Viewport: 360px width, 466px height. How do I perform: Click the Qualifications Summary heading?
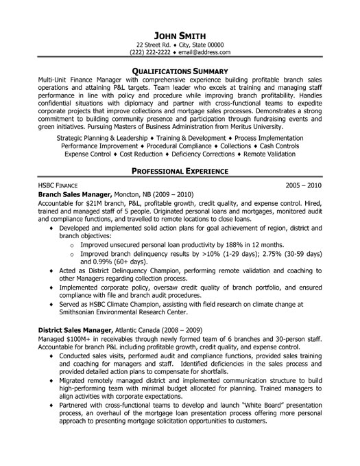click(180, 71)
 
